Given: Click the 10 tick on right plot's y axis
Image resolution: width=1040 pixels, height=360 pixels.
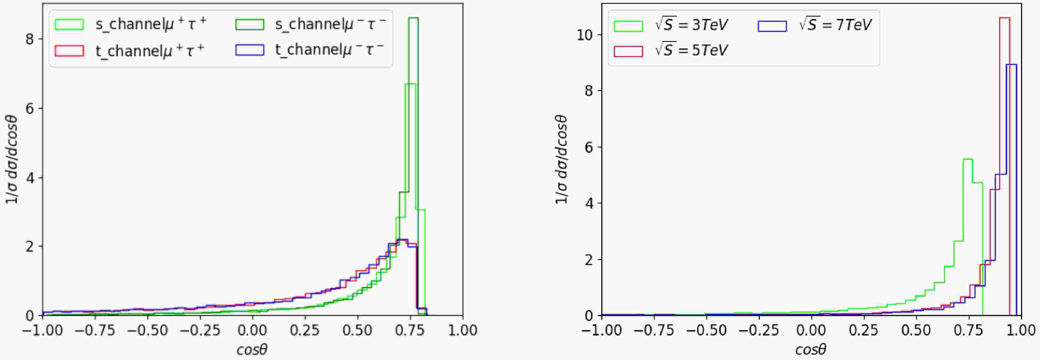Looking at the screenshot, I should pos(584,35).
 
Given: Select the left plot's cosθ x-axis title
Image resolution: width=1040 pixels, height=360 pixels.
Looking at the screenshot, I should pos(252,350).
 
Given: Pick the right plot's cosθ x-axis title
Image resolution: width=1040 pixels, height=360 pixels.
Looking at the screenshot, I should pos(811,350).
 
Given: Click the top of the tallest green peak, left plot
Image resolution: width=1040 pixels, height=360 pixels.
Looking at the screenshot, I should pos(413,18).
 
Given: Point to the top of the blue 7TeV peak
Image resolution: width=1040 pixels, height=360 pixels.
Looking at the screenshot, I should pos(1011,65).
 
